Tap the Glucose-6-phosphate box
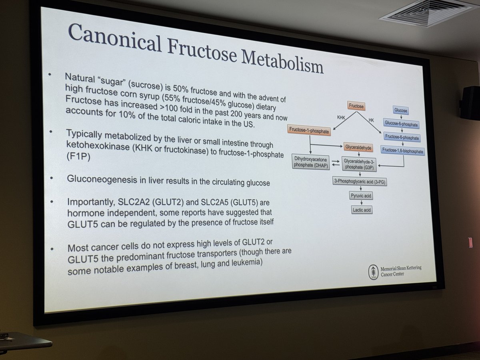point(401,124)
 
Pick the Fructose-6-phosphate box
point(402,137)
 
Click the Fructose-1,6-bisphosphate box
point(402,150)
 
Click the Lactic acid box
point(361,210)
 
